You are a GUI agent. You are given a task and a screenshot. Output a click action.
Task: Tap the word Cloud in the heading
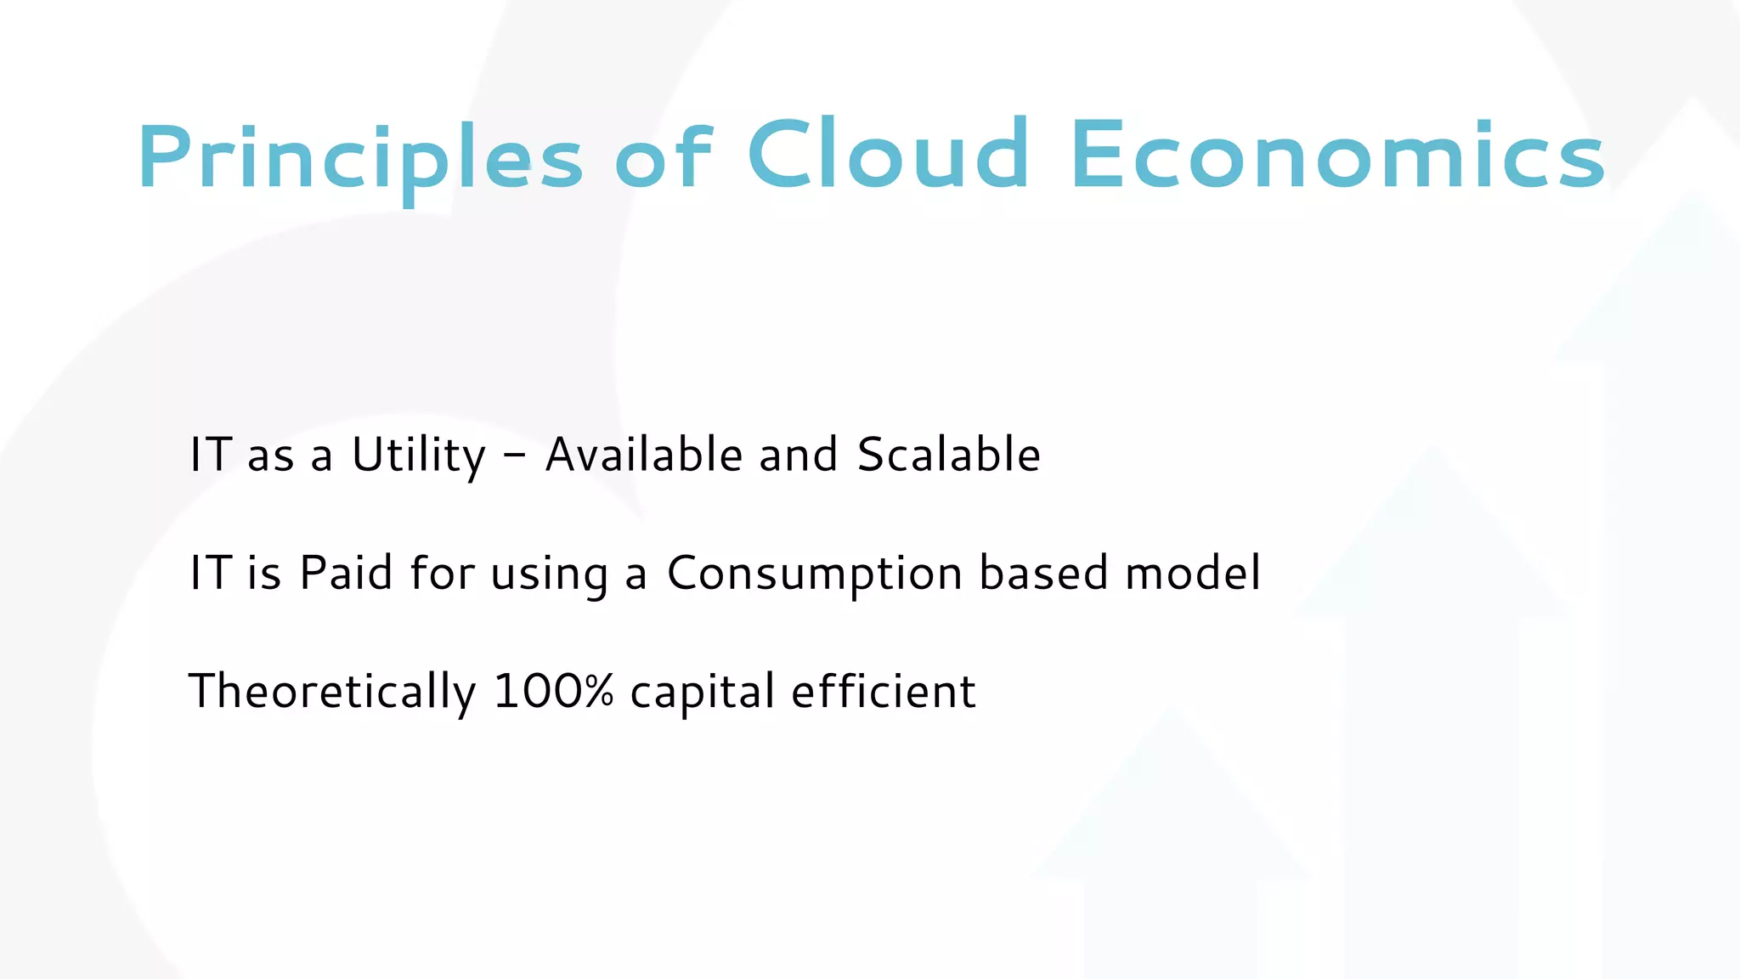pyautogui.click(x=888, y=155)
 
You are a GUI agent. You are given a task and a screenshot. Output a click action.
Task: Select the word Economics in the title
pyautogui.click(x=1337, y=156)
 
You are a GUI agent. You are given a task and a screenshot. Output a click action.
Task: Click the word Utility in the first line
pyautogui.click(x=419, y=456)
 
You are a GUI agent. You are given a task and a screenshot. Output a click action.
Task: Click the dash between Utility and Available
pyautogui.click(x=514, y=456)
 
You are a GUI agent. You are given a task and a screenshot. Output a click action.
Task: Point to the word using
pyautogui.click(x=550, y=574)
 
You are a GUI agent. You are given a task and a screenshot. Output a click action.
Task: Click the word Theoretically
pyautogui.click(x=331, y=691)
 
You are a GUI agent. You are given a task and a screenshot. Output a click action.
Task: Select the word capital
pyautogui.click(x=702, y=693)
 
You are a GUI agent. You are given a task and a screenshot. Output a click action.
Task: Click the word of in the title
pyautogui.click(x=664, y=156)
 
